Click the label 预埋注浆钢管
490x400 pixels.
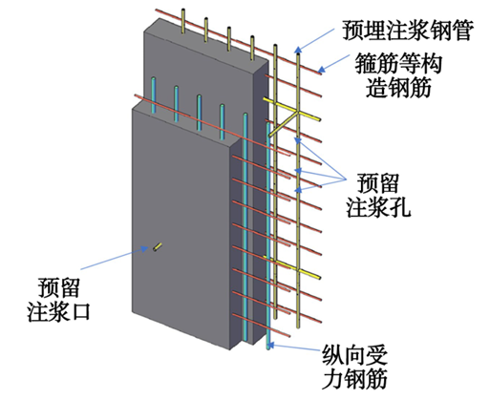408,31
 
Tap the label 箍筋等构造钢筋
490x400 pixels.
398,75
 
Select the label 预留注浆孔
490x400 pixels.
378,196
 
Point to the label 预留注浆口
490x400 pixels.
58,300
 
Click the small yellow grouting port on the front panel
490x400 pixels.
158,247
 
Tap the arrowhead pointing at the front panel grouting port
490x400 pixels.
145,248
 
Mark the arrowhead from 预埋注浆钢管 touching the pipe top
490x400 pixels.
298,50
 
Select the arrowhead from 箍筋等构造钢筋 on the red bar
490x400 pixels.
322,69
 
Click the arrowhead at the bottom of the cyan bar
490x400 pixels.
271,345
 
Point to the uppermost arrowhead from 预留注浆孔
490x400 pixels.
298,140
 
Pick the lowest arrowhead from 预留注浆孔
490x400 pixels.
298,190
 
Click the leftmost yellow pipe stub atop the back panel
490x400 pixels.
183,21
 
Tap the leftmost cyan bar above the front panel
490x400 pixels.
154,95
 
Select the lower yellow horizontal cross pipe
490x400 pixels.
292,267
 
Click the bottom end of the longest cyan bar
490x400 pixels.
268,348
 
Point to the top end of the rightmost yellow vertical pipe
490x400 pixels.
298,54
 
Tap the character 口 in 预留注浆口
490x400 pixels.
80,311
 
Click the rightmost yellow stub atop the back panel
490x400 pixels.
252,48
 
